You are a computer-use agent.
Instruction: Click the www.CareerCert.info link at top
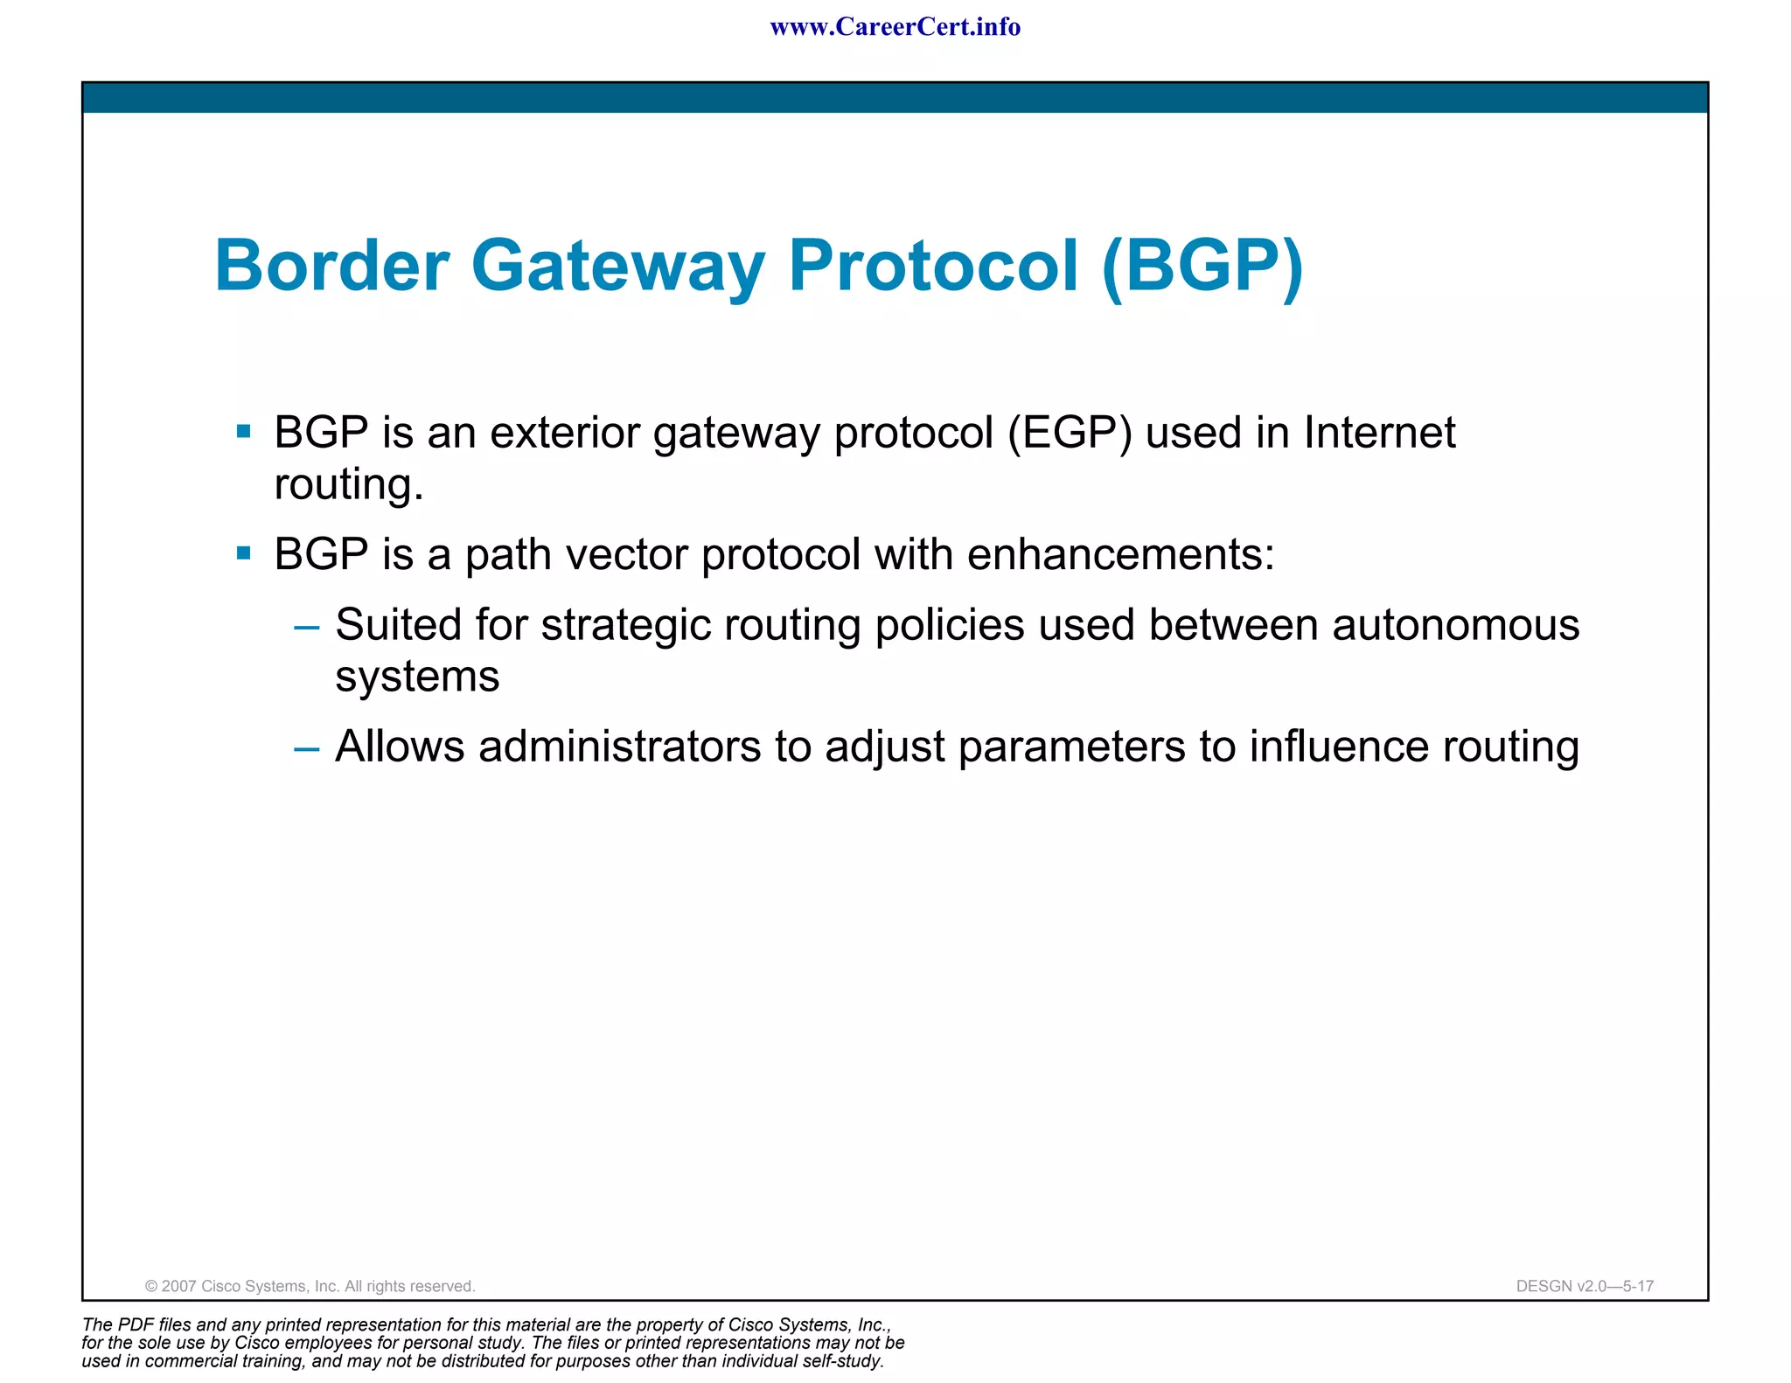coord(895,27)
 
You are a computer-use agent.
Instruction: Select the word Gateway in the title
coord(618,267)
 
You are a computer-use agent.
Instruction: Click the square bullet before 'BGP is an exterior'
coord(244,431)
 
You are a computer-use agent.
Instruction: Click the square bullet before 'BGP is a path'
coord(244,553)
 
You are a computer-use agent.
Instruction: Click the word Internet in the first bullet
coord(1379,432)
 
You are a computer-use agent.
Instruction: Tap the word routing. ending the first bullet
coord(349,485)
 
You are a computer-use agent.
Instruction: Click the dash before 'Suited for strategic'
coord(307,626)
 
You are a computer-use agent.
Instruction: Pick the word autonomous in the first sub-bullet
coord(1455,625)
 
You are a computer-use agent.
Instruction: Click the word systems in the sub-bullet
coord(417,677)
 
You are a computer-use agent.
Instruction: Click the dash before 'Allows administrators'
coord(307,747)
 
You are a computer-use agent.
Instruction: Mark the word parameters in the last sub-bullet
coord(1071,747)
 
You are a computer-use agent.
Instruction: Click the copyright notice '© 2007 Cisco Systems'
coord(310,1286)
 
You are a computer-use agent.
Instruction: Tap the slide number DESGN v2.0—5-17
coord(1584,1286)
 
